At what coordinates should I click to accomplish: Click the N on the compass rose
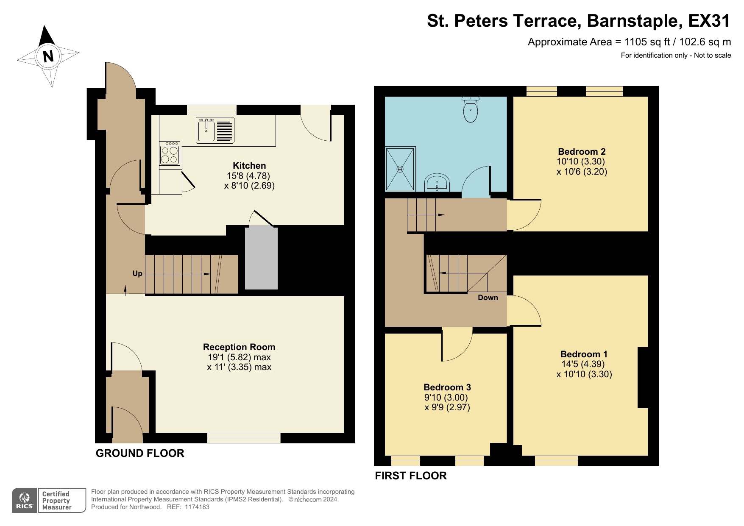click(x=48, y=56)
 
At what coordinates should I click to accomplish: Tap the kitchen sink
click(x=206, y=130)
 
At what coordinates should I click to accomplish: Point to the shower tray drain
click(x=400, y=169)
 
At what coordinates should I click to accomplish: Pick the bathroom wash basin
click(x=437, y=183)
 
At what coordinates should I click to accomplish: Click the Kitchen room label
click(x=249, y=166)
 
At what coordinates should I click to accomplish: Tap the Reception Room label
click(x=239, y=347)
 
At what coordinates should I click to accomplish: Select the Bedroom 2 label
click(x=582, y=151)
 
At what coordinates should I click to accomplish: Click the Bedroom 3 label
click(x=447, y=387)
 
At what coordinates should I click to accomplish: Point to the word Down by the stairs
click(x=488, y=298)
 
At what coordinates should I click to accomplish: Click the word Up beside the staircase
click(x=137, y=274)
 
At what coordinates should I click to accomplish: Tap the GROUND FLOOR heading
click(x=140, y=453)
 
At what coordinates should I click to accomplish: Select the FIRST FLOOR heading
click(x=411, y=476)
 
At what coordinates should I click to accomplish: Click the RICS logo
click(x=25, y=501)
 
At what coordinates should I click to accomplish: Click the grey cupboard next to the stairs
click(x=261, y=259)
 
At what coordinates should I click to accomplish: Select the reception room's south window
click(x=244, y=438)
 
